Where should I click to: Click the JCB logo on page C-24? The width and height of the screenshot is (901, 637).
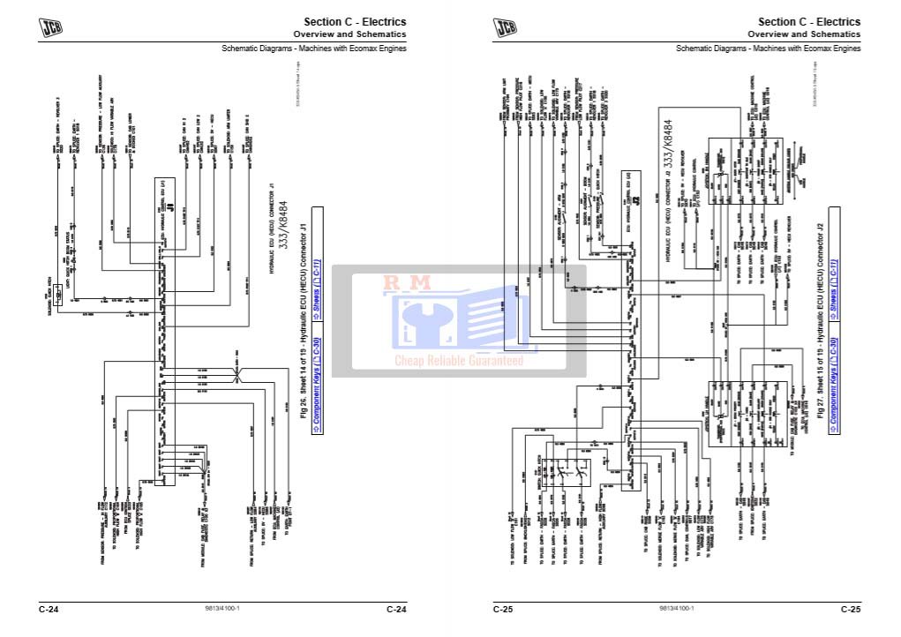tap(50, 27)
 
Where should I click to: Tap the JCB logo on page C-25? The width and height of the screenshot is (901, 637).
tap(505, 27)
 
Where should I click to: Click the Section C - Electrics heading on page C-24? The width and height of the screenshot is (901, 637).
tap(355, 21)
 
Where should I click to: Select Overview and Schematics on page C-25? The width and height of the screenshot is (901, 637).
tap(804, 34)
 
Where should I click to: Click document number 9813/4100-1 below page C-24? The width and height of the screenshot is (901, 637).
tap(222, 609)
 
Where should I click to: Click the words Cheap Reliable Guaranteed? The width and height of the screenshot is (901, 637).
tap(458, 360)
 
